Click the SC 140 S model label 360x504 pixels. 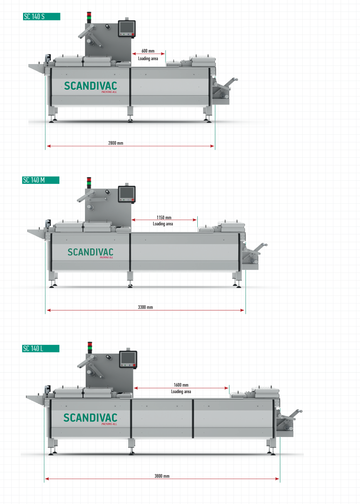[41, 17]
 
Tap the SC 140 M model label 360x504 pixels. [41, 180]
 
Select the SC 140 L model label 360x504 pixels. [41, 348]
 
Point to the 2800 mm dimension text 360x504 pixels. [116, 143]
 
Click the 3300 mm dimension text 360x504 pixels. [145, 307]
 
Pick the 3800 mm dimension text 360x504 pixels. [162, 476]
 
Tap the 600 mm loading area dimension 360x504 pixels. [148, 51]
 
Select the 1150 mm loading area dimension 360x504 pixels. [164, 217]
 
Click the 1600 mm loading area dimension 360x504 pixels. [181, 385]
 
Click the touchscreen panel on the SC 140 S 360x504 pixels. [126, 28]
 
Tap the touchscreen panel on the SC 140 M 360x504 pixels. [126, 193]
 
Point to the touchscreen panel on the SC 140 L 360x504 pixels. [128, 359]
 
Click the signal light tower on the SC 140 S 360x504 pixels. [89, 17]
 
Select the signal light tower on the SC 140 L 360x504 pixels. [90, 347]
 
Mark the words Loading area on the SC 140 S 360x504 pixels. [148, 59]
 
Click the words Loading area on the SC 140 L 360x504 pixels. [181, 392]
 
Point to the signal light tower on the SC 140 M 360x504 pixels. [89, 183]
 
